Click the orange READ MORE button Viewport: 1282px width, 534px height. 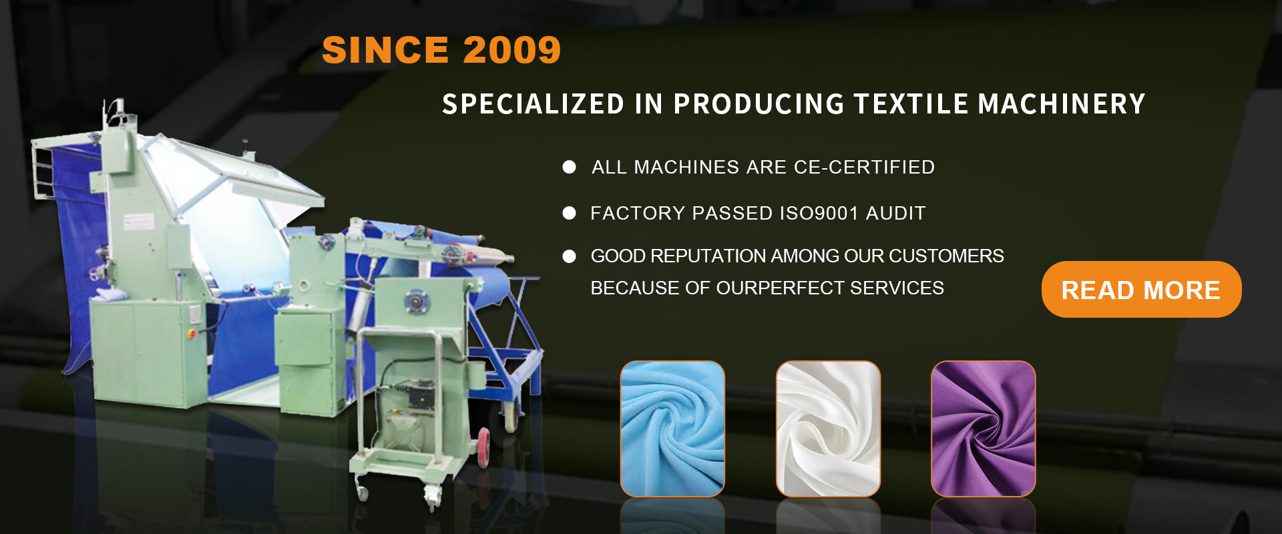[1141, 289]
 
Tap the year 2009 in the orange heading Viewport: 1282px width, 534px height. [511, 50]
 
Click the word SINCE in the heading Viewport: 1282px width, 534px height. [385, 50]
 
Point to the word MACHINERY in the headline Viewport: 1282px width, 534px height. [1062, 104]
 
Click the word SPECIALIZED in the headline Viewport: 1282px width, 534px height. [533, 104]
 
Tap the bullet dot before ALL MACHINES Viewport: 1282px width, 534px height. [569, 167]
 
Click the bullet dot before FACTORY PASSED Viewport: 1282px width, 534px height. [569, 213]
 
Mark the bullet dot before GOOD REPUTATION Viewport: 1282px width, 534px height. [569, 256]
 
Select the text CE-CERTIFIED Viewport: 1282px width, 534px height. [864, 167]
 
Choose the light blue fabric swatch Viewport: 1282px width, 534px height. [672, 429]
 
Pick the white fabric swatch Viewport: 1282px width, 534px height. [828, 429]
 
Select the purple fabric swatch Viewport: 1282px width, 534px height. [984, 429]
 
